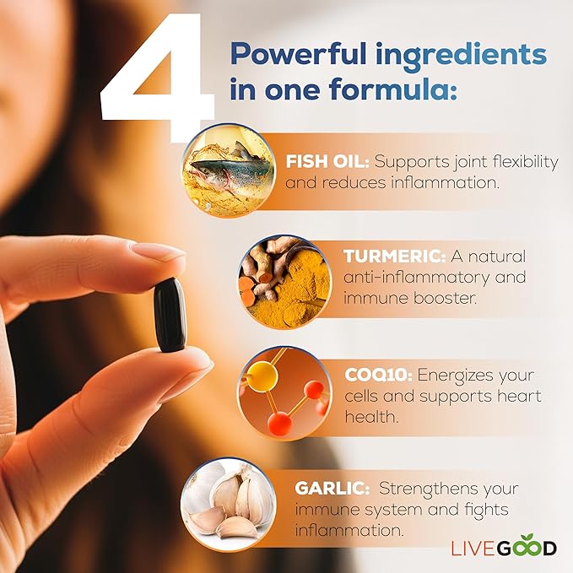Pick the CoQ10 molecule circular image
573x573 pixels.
click(x=282, y=393)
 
